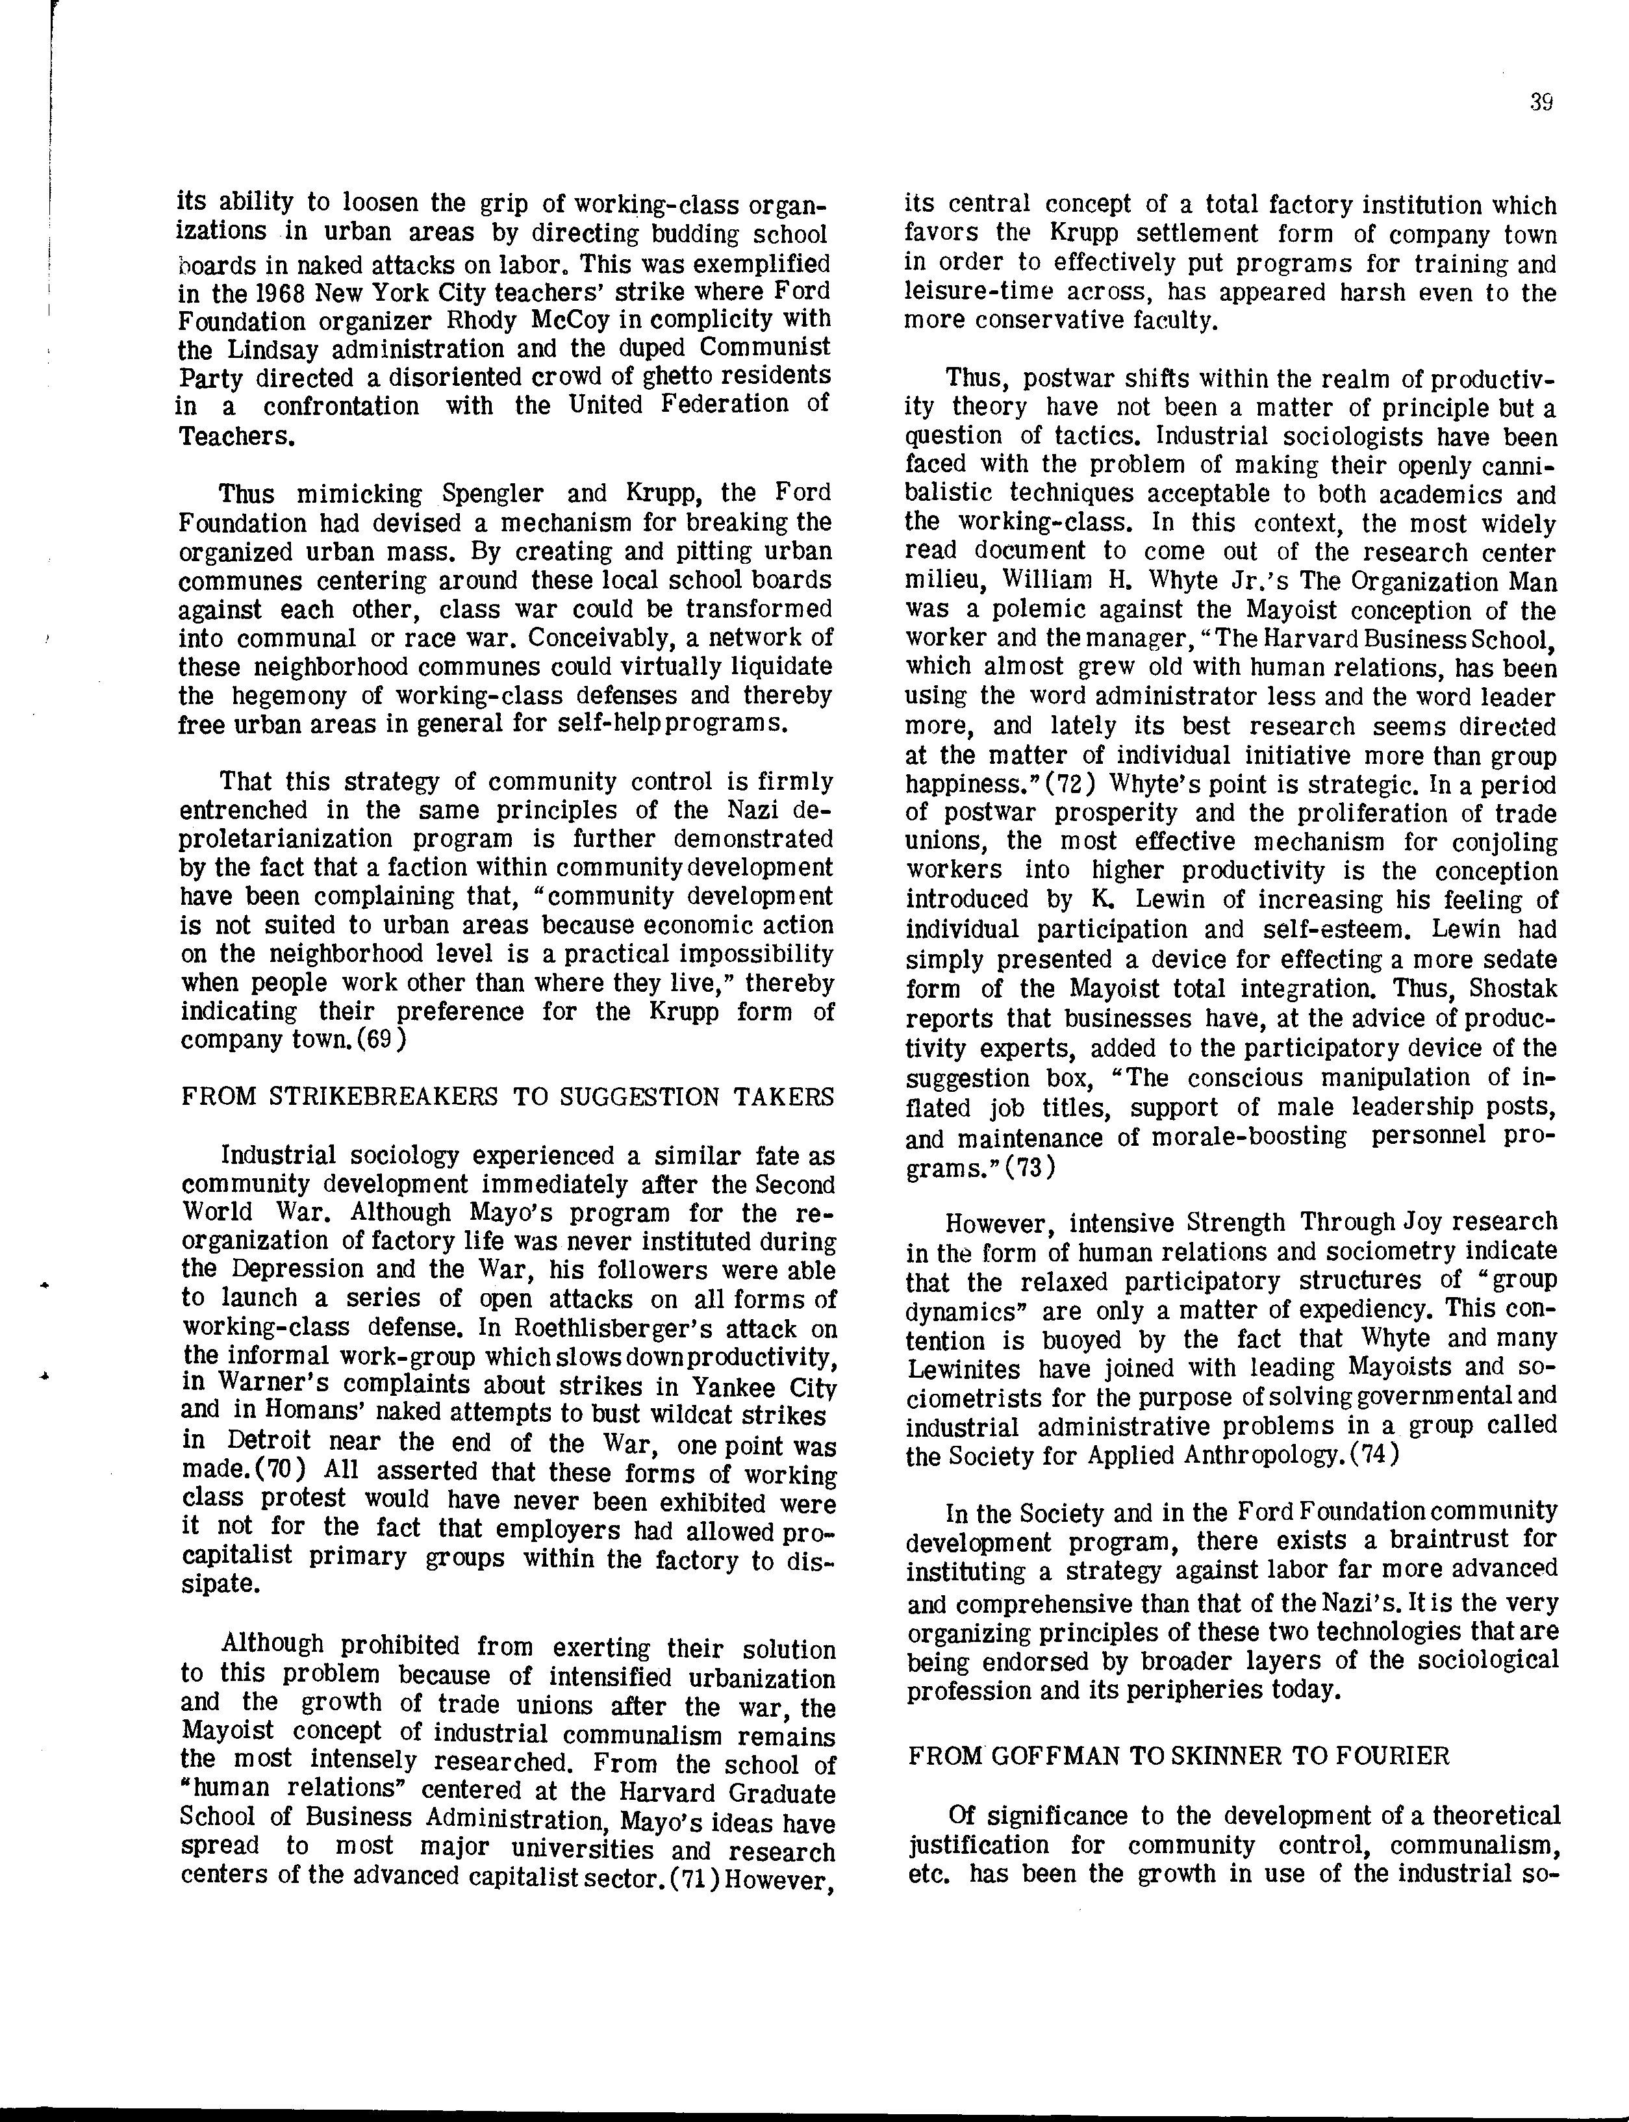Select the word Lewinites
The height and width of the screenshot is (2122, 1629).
coord(963,1369)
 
